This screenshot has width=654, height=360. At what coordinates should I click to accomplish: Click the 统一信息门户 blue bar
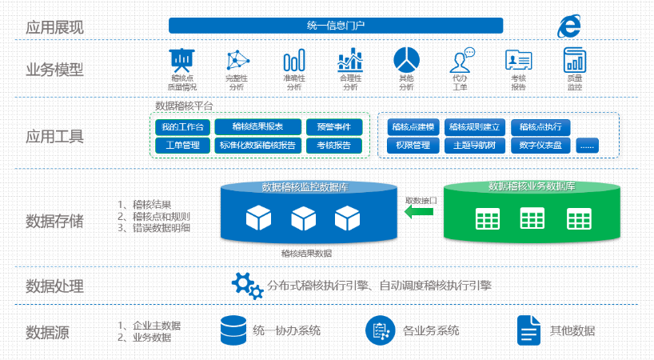tap(336, 26)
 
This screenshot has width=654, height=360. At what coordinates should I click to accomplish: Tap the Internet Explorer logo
tap(568, 26)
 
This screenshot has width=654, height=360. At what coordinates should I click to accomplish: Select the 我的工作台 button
tap(181, 126)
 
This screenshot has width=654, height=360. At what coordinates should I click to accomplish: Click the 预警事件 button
tap(333, 126)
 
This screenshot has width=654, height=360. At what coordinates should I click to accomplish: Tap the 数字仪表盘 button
tap(540, 146)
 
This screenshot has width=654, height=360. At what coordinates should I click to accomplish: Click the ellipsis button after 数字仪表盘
tap(587, 146)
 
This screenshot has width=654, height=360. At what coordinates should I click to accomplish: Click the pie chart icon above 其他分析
tap(406, 59)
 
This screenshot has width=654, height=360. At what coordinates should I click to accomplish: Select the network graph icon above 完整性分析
tap(237, 60)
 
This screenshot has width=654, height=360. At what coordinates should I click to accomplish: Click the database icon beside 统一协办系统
tap(233, 330)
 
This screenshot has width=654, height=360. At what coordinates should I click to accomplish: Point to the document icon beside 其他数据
tap(528, 330)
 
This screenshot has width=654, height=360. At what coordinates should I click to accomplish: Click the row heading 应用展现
tap(54, 27)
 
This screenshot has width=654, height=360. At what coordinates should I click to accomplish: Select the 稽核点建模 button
tap(413, 126)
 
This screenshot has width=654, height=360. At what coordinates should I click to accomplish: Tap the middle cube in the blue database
tap(303, 218)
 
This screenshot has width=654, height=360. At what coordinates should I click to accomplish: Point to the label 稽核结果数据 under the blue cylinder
tap(307, 253)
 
